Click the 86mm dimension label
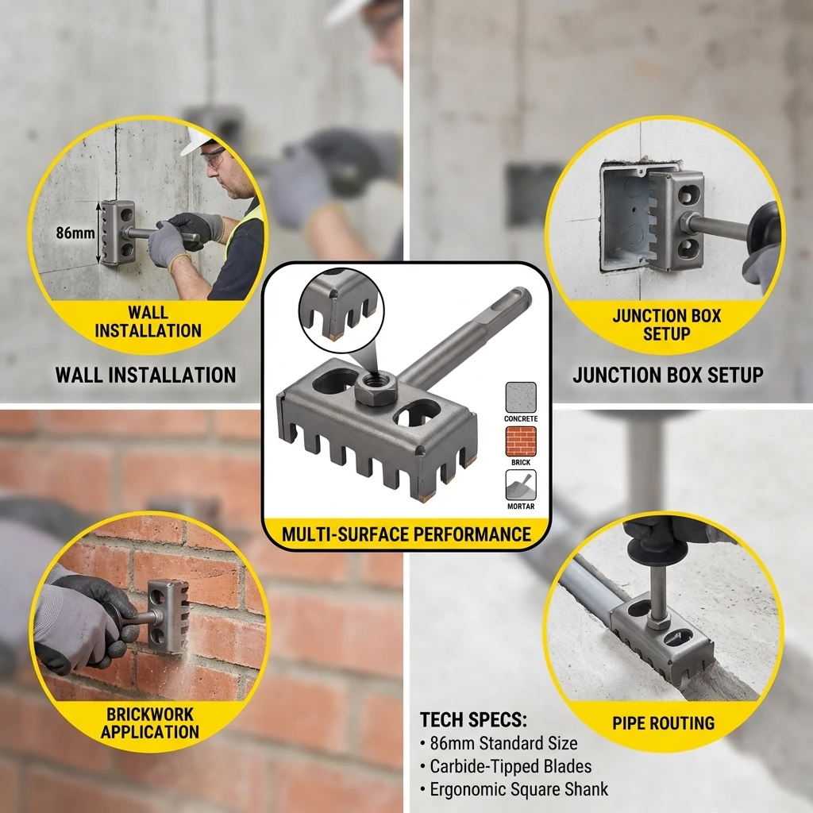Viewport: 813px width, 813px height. [75, 233]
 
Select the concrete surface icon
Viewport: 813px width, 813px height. [521, 397]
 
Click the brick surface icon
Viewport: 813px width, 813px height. [521, 441]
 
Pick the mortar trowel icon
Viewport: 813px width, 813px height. [521, 485]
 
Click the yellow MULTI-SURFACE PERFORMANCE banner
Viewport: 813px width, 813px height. [406, 534]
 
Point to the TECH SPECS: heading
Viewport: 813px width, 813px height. [473, 720]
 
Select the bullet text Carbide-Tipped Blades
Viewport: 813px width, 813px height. [511, 766]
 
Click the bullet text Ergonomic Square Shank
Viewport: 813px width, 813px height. [518, 789]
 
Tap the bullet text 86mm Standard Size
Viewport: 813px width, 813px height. [503, 744]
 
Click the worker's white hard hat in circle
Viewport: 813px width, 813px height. [195, 141]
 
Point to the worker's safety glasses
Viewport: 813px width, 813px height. [214, 156]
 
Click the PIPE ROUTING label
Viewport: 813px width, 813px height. [663, 723]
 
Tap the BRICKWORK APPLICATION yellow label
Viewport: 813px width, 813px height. [149, 722]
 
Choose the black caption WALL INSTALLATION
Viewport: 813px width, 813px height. [145, 375]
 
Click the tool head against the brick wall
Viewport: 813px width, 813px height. [168, 616]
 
